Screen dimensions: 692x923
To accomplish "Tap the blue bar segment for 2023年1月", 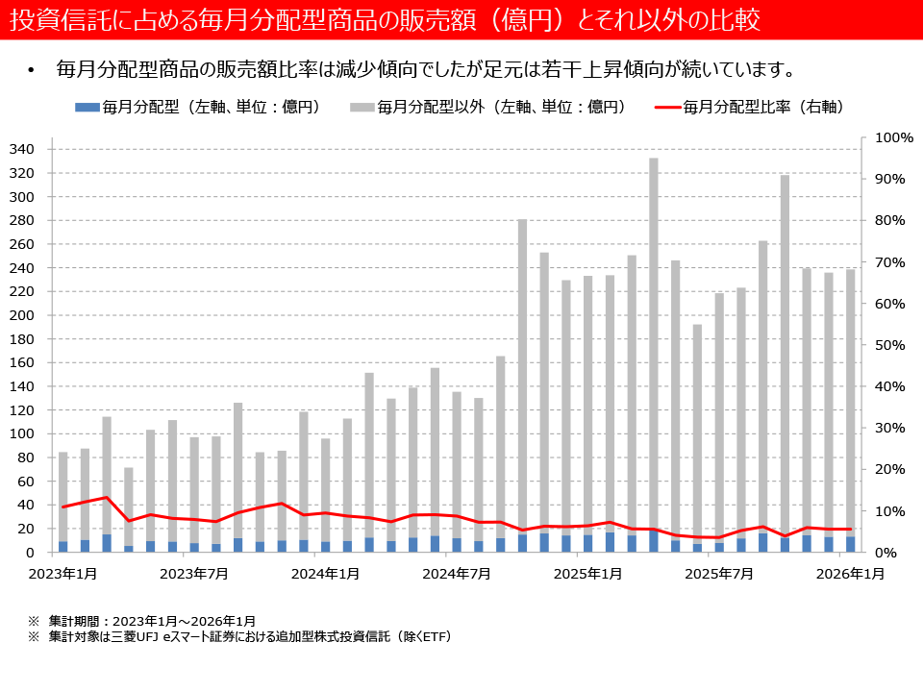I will click(63, 547).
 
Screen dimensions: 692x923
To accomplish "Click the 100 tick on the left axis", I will click(21, 434).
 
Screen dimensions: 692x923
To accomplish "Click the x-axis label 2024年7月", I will click(457, 574).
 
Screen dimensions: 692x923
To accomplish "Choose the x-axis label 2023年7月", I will click(194, 574).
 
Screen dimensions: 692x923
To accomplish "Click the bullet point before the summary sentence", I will click(31, 70).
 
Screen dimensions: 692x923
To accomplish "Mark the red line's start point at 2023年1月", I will click(63, 507).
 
